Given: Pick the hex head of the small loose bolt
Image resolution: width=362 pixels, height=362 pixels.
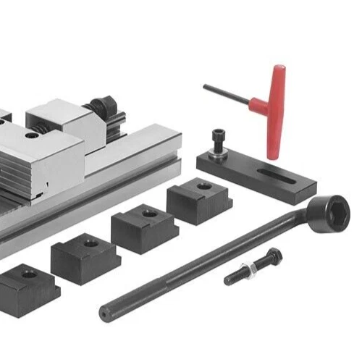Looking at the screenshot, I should pyautogui.click(x=273, y=255).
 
